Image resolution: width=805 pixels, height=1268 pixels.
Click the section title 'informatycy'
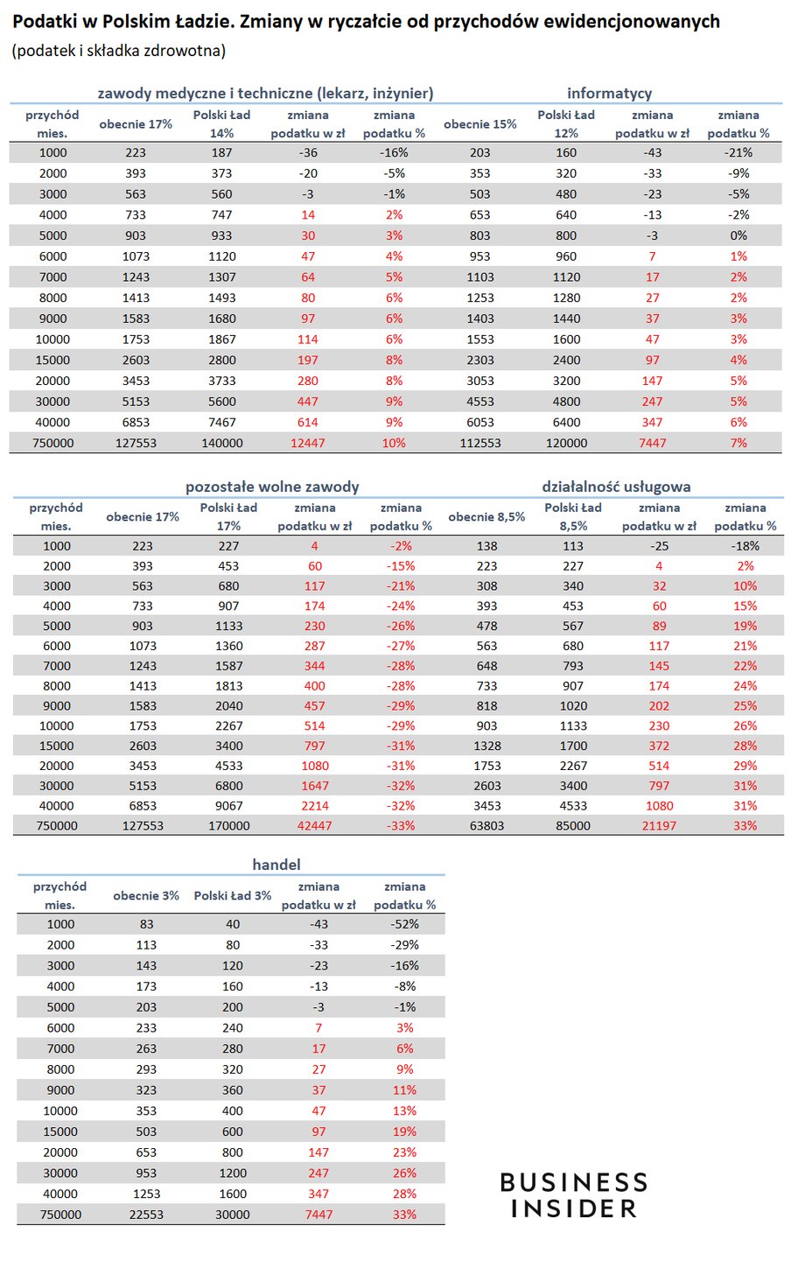[x=609, y=93]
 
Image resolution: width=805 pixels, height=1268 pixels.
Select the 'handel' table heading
[x=276, y=865]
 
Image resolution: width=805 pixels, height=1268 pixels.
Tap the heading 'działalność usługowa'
[x=616, y=487]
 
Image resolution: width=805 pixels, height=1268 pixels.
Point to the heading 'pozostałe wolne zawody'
[x=272, y=487]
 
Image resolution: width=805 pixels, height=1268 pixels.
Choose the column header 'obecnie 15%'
[x=480, y=124]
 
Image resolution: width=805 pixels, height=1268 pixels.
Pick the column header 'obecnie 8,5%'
[x=486, y=516]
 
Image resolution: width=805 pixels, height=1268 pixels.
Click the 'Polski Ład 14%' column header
[x=222, y=124]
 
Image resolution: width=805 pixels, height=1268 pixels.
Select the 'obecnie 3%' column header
[x=146, y=895]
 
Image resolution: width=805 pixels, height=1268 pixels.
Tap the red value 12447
[x=307, y=443]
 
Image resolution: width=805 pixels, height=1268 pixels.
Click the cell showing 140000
[x=222, y=443]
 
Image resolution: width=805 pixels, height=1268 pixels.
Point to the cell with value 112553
[x=480, y=443]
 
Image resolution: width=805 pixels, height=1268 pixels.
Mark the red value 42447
[x=315, y=825]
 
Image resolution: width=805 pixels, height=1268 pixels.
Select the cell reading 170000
[x=228, y=825]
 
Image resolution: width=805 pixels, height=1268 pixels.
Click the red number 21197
[x=659, y=825]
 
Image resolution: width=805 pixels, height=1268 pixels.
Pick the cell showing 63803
[x=486, y=825]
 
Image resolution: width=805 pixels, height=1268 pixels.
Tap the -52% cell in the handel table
[x=405, y=924]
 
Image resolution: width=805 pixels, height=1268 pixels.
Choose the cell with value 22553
[x=146, y=1215]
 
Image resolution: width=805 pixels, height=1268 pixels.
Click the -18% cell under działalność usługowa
[x=745, y=546]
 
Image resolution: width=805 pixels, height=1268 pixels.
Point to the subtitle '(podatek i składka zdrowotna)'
[x=119, y=51]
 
